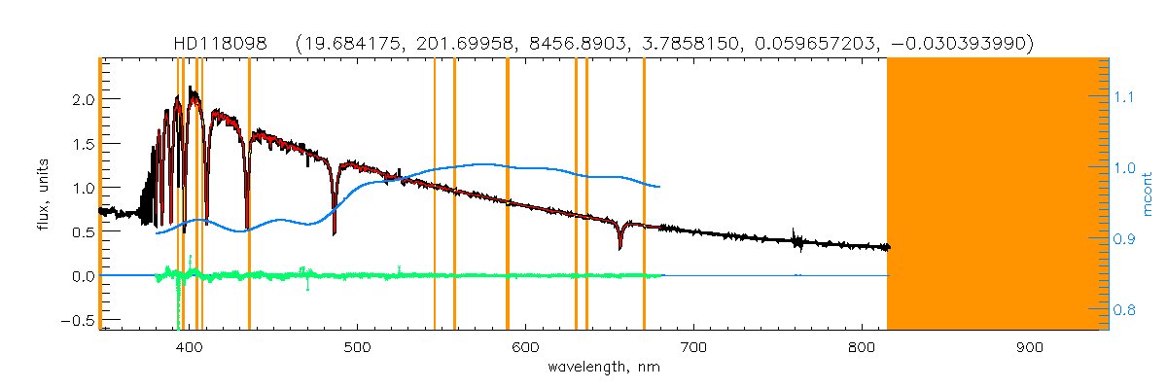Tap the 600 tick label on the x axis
(x=525, y=347)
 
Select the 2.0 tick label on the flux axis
(x=82, y=99)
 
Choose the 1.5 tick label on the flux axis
(x=82, y=144)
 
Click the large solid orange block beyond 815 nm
(x=997, y=194)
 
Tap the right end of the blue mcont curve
(x=660, y=187)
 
